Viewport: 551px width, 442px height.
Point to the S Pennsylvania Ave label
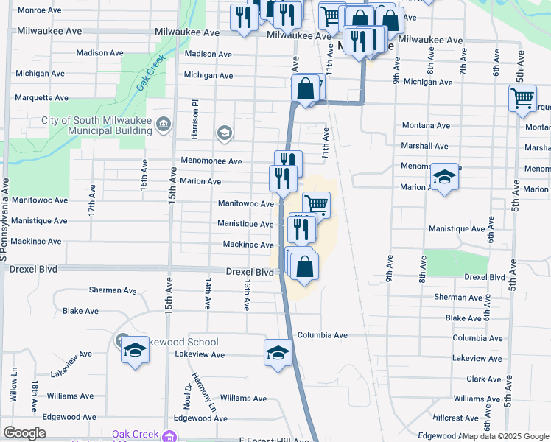click(5, 220)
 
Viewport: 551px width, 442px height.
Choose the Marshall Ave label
click(425, 146)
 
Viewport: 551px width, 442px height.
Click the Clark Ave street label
click(483, 379)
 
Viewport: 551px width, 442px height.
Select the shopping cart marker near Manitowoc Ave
click(315, 203)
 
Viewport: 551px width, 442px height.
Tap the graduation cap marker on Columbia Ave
click(278, 351)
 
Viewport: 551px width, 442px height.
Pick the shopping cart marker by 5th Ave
click(522, 97)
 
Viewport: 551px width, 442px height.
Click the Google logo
click(24, 433)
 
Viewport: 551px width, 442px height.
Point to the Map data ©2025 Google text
click(506, 436)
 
